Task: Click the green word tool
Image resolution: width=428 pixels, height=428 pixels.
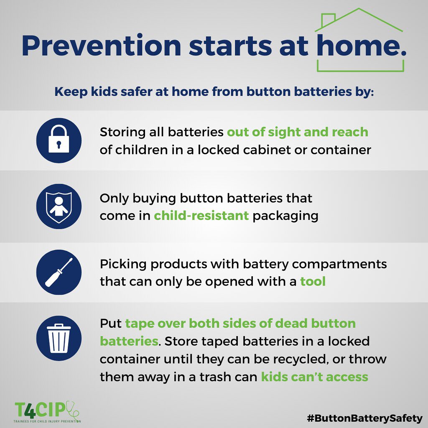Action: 313,281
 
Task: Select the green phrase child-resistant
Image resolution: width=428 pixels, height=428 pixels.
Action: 201,216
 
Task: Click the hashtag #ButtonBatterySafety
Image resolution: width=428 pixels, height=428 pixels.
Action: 364,418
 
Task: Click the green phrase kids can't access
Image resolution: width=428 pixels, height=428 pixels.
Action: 314,377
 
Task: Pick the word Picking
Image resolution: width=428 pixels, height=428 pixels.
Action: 122,264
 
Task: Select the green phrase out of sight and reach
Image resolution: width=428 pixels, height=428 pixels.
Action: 297,132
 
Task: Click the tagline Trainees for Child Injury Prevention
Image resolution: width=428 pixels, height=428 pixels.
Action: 47,421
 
